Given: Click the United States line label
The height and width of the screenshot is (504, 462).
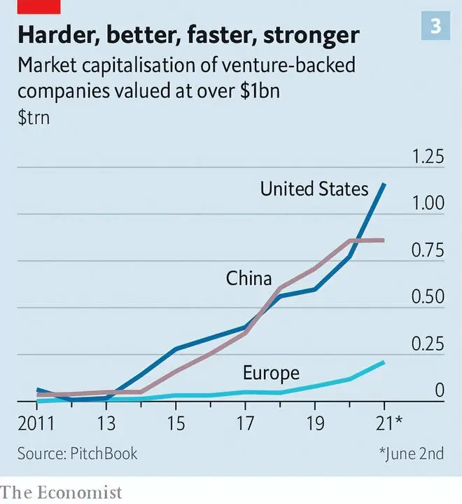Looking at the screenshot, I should (x=314, y=189).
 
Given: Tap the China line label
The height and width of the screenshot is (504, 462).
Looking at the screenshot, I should (x=248, y=278).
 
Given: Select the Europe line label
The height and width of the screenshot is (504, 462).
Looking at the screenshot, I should (x=271, y=373).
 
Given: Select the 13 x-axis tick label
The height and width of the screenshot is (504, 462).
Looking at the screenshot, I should (x=106, y=423).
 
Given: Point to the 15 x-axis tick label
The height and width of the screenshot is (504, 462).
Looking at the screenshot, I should (x=175, y=423).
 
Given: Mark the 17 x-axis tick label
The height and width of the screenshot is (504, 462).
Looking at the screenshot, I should (x=244, y=423).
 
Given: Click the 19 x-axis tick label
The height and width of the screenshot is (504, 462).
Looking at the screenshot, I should (x=314, y=423).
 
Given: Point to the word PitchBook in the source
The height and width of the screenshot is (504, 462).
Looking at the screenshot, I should (x=104, y=454).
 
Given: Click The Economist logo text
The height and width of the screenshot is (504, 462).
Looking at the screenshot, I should (x=62, y=492).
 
